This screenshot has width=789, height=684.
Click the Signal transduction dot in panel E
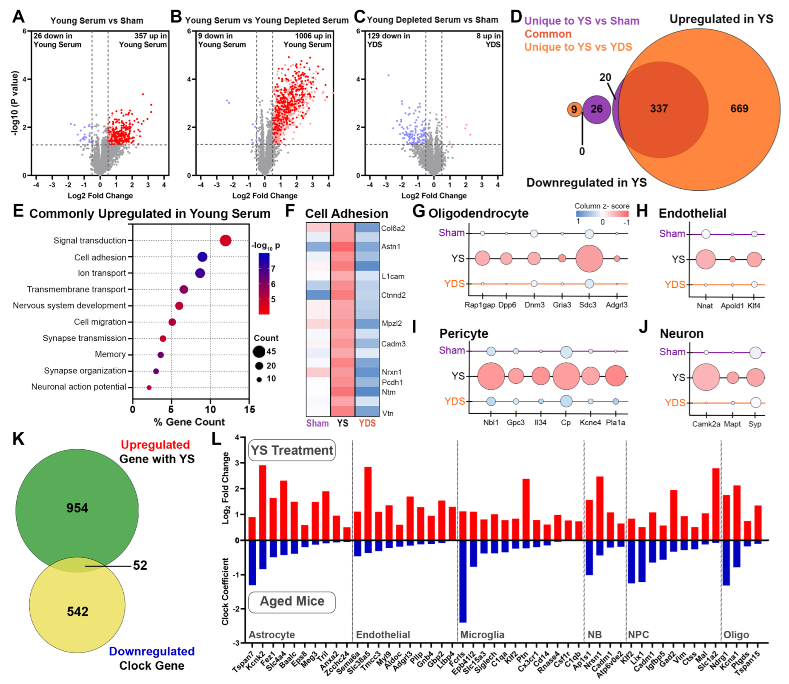(x=225, y=241)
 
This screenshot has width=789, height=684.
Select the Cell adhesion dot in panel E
(x=203, y=257)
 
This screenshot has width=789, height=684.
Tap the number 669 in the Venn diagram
(x=739, y=109)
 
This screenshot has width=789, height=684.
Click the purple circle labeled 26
(x=597, y=109)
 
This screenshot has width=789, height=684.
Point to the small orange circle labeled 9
(x=574, y=109)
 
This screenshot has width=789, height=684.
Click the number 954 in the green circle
(x=77, y=508)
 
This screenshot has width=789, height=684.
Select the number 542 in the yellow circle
(x=77, y=612)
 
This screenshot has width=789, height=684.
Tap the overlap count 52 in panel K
(x=140, y=565)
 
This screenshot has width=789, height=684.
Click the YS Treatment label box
(x=292, y=450)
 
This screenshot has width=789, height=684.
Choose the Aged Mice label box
(x=292, y=601)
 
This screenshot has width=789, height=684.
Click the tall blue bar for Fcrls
(x=463, y=581)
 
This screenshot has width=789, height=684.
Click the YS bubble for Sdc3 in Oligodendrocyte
(x=589, y=259)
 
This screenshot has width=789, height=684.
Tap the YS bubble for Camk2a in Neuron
(x=706, y=377)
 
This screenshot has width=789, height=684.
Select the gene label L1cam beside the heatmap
(x=393, y=276)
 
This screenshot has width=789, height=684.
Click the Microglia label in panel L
(x=482, y=635)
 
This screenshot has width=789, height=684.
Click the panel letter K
(x=18, y=439)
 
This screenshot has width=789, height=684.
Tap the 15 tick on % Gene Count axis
(x=249, y=410)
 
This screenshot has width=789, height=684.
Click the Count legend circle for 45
(x=259, y=352)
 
